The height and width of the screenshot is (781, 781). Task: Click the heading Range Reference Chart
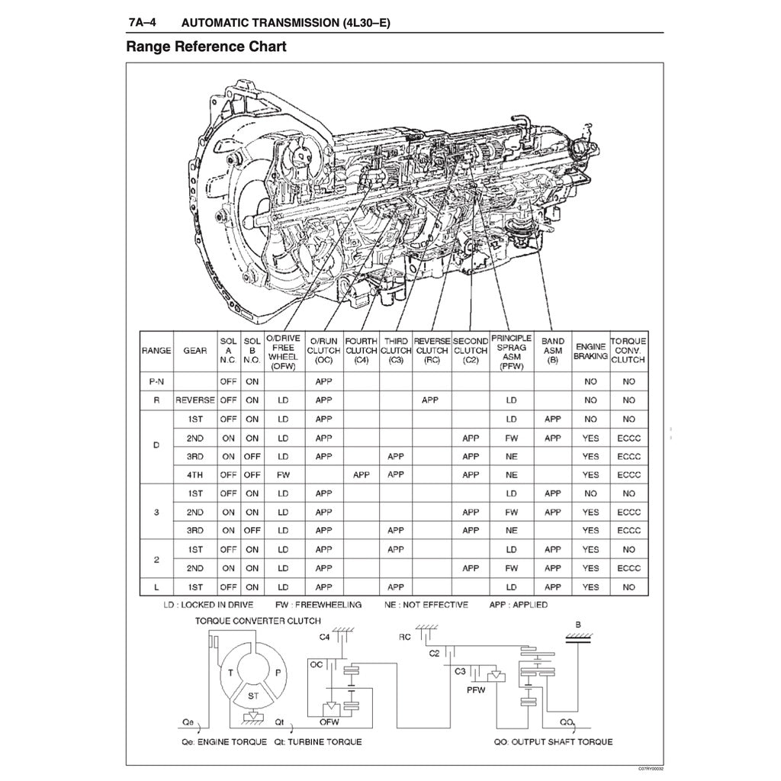pos(206,47)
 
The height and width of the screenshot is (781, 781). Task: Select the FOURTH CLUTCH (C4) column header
pos(362,351)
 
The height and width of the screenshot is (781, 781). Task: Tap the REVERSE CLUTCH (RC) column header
pos(432,351)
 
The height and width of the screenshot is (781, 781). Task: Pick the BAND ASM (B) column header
pos(552,351)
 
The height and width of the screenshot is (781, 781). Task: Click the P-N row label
pos(156,381)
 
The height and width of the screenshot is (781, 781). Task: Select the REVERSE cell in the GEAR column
pos(195,400)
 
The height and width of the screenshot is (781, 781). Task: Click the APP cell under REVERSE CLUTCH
pos(430,400)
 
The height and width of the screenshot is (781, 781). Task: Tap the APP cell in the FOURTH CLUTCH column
pos(362,474)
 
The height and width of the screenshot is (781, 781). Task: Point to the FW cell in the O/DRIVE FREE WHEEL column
pos(283,474)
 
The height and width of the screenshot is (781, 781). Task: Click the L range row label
pos(156,587)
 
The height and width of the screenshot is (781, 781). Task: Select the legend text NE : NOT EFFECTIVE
pos(426,605)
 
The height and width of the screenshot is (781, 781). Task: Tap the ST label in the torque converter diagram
pos(251,696)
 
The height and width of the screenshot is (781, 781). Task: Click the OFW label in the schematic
pos(329,722)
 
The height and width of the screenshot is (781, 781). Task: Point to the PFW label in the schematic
pos(477,689)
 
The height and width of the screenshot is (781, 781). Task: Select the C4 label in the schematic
pos(325,636)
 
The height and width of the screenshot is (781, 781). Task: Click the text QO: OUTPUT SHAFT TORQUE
pos(552,741)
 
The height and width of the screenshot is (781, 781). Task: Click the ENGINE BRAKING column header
pos(590,351)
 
